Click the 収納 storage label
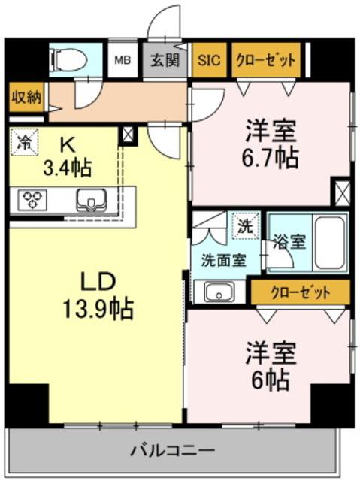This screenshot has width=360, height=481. [26, 97]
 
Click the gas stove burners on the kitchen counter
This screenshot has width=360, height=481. [33, 200]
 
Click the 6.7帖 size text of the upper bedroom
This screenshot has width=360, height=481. [271, 159]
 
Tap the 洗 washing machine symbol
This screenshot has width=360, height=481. [246, 224]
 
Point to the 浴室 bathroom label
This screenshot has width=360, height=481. [289, 242]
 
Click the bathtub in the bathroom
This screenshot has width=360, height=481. [328, 242]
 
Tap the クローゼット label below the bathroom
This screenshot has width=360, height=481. [300, 290]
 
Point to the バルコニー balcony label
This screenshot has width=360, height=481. [172, 452]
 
